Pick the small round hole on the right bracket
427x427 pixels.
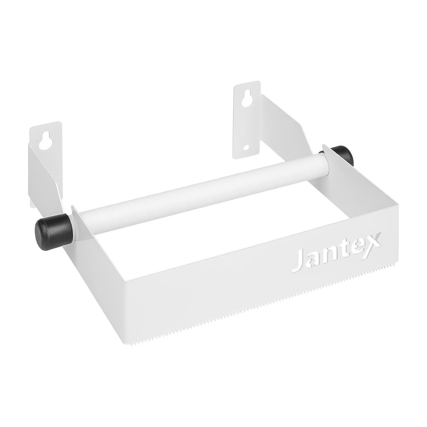coord(246,148)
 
